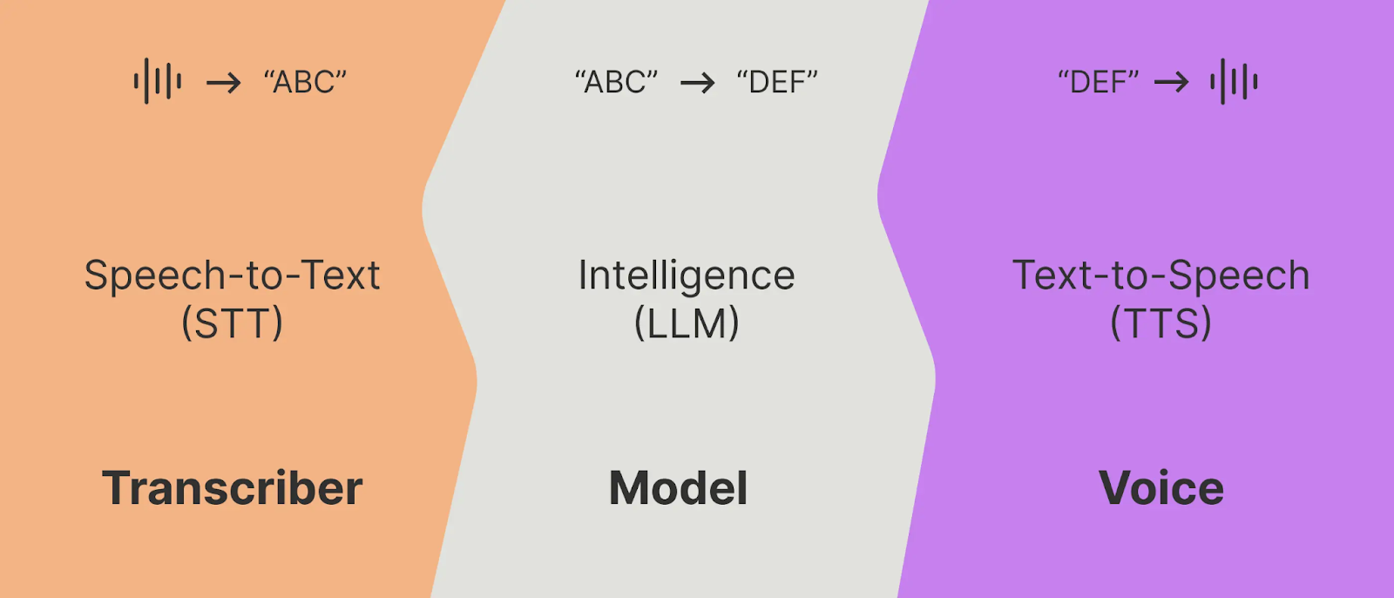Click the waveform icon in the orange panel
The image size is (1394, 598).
(158, 82)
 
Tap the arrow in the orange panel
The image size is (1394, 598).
(223, 83)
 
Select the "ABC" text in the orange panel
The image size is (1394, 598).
(305, 82)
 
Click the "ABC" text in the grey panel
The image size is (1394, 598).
(616, 82)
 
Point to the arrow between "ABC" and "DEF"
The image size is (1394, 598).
(697, 83)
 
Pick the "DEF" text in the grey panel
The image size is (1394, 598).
(777, 82)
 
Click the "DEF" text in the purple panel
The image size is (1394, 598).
(1098, 82)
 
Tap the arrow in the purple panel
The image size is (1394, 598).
(1171, 83)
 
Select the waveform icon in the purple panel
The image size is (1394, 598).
(1234, 82)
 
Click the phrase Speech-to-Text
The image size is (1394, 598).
(232, 275)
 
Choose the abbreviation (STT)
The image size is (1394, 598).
(232, 323)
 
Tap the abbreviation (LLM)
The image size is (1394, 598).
(687, 323)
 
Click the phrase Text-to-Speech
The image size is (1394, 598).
(1161, 275)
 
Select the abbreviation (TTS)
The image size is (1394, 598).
(1161, 323)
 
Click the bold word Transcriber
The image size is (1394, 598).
(232, 488)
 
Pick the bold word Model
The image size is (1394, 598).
(678, 488)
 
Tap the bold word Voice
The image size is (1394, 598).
(1161, 488)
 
